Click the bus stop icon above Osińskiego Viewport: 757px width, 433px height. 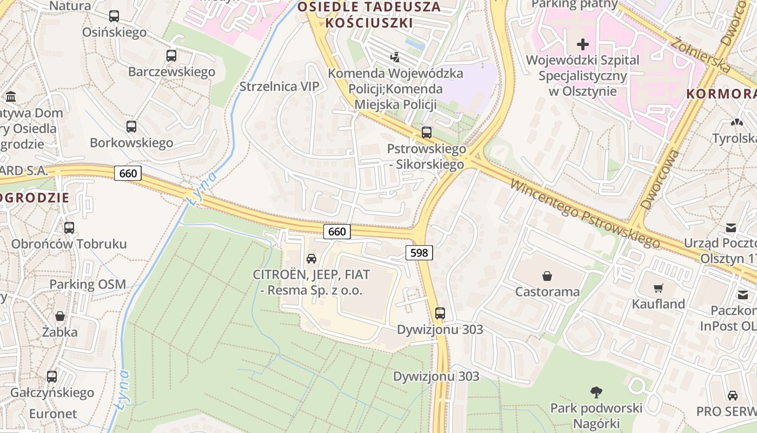click(x=114, y=16)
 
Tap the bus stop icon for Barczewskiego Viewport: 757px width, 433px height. click(x=171, y=56)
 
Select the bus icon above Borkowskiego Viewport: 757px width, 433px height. click(x=131, y=127)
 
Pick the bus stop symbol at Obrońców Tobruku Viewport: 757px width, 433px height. click(x=69, y=228)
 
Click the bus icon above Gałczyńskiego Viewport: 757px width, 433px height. click(x=52, y=376)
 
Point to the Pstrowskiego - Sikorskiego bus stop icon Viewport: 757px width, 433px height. click(x=427, y=133)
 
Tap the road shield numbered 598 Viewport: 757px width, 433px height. click(x=419, y=252)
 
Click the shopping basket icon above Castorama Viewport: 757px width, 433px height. click(x=547, y=276)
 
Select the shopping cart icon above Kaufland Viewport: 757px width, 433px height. click(x=658, y=288)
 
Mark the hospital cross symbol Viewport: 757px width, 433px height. click(x=582, y=44)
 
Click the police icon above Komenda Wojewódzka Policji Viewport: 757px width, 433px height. click(x=395, y=57)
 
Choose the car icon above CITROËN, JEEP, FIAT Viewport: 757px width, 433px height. click(x=311, y=259)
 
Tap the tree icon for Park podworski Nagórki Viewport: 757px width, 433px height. click(x=596, y=392)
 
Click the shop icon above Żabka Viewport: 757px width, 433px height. click(x=60, y=316)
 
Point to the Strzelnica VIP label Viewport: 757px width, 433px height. click(x=280, y=87)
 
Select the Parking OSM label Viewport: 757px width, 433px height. click(x=88, y=284)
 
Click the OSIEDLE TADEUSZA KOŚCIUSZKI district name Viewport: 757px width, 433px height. click(x=369, y=15)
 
